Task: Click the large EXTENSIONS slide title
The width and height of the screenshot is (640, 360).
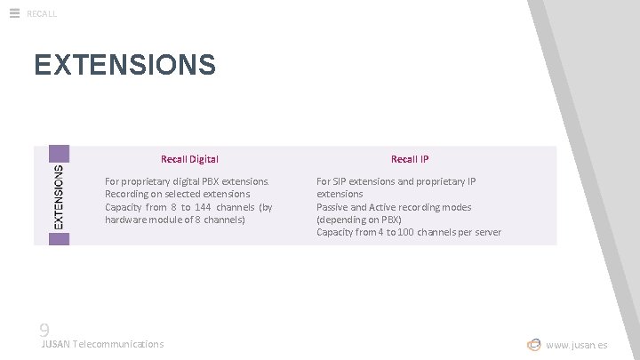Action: pos(124,65)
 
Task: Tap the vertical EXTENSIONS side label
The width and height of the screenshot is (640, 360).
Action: pos(58,196)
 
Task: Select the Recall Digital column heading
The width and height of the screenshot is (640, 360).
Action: pos(189,159)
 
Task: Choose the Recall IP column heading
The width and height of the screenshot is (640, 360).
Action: pos(410,159)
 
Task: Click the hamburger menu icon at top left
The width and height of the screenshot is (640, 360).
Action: pos(14,12)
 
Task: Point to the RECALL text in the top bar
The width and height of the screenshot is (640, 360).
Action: pos(42,13)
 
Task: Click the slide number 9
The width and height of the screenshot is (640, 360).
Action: pos(44,330)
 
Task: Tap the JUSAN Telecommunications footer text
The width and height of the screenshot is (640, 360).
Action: pos(102,344)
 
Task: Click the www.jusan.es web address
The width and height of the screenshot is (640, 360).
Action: pos(577,345)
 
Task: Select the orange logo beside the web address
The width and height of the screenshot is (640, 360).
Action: pos(533,344)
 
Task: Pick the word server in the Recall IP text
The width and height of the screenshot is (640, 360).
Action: pos(487,232)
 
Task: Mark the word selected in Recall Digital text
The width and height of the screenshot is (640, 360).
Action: pos(184,194)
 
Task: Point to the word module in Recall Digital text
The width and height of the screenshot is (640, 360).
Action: pos(167,220)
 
